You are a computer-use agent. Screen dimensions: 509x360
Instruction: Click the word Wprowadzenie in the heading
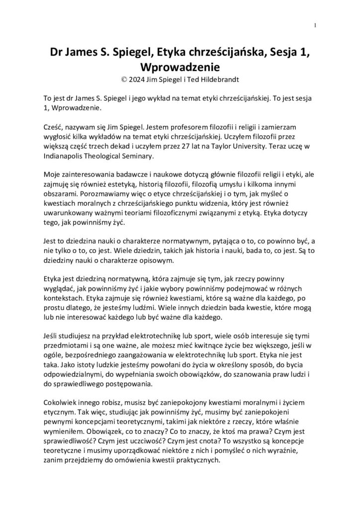pyautogui.click(x=180, y=66)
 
